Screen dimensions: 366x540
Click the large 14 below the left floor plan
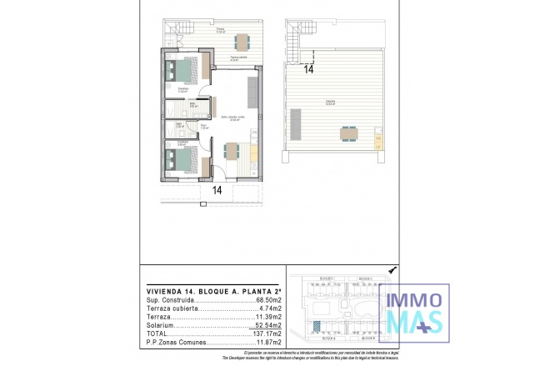[217, 189]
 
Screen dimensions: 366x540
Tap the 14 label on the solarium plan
[308, 70]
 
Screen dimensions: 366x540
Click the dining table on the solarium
[347, 133]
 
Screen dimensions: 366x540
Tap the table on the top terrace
[242, 41]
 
